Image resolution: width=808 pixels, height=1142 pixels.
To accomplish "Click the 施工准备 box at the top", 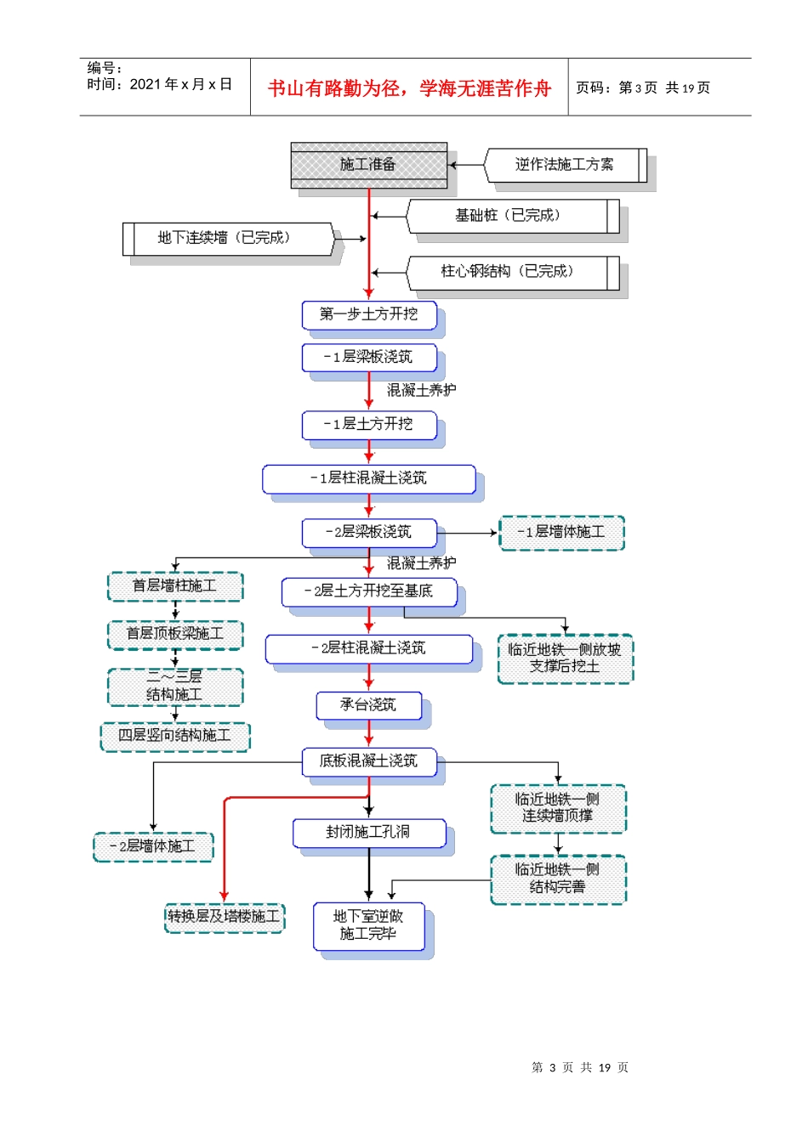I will coord(368,164).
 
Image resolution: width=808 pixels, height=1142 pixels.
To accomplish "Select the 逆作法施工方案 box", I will coord(564,165).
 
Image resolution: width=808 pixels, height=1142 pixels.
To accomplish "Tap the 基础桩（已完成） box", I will coord(509,216).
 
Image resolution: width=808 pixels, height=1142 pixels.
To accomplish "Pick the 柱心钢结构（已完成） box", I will coord(509,272).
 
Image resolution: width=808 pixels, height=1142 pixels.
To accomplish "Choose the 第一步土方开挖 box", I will coord(369,314).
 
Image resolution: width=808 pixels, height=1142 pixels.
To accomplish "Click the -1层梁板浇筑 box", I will coord(369,357).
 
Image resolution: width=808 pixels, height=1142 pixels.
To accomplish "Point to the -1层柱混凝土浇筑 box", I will coord(369,478).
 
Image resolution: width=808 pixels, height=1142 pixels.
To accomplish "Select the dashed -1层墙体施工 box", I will coord(561,533).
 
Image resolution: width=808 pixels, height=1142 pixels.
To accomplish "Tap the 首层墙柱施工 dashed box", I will coord(175,586).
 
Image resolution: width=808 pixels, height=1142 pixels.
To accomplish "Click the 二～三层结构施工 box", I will coord(175,687).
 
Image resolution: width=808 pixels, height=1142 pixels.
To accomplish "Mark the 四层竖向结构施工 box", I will coord(175,736).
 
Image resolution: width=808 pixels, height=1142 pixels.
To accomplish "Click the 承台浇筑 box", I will coord(369,704).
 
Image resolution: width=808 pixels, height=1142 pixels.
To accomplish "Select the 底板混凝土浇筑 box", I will coord(369,761).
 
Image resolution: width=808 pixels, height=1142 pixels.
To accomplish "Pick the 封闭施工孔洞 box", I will coord(369,832).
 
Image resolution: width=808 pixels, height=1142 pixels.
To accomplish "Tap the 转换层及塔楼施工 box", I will coord(225,917).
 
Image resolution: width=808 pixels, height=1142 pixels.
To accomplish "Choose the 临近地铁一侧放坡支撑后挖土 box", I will coord(565,659).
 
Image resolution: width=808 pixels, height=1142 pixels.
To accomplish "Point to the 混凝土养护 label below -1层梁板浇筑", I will coord(422,390).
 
